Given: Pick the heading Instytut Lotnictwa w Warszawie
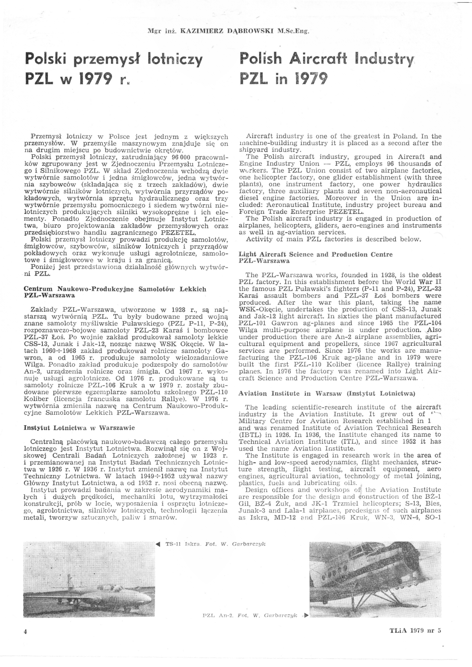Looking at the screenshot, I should coord(79,428).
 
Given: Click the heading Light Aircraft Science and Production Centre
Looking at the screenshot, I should coord(316,254).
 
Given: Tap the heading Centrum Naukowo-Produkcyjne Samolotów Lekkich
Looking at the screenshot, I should coord(115,289).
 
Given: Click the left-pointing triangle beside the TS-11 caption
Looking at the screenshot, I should coord(158,545).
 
